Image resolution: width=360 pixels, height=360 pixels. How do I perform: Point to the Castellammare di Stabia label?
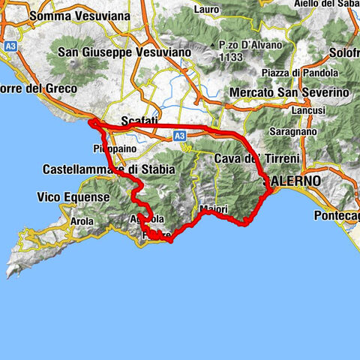coord(109,169)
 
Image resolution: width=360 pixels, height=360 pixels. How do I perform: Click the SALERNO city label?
coord(293,181)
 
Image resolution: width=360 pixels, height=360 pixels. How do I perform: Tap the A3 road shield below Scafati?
coord(179,136)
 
